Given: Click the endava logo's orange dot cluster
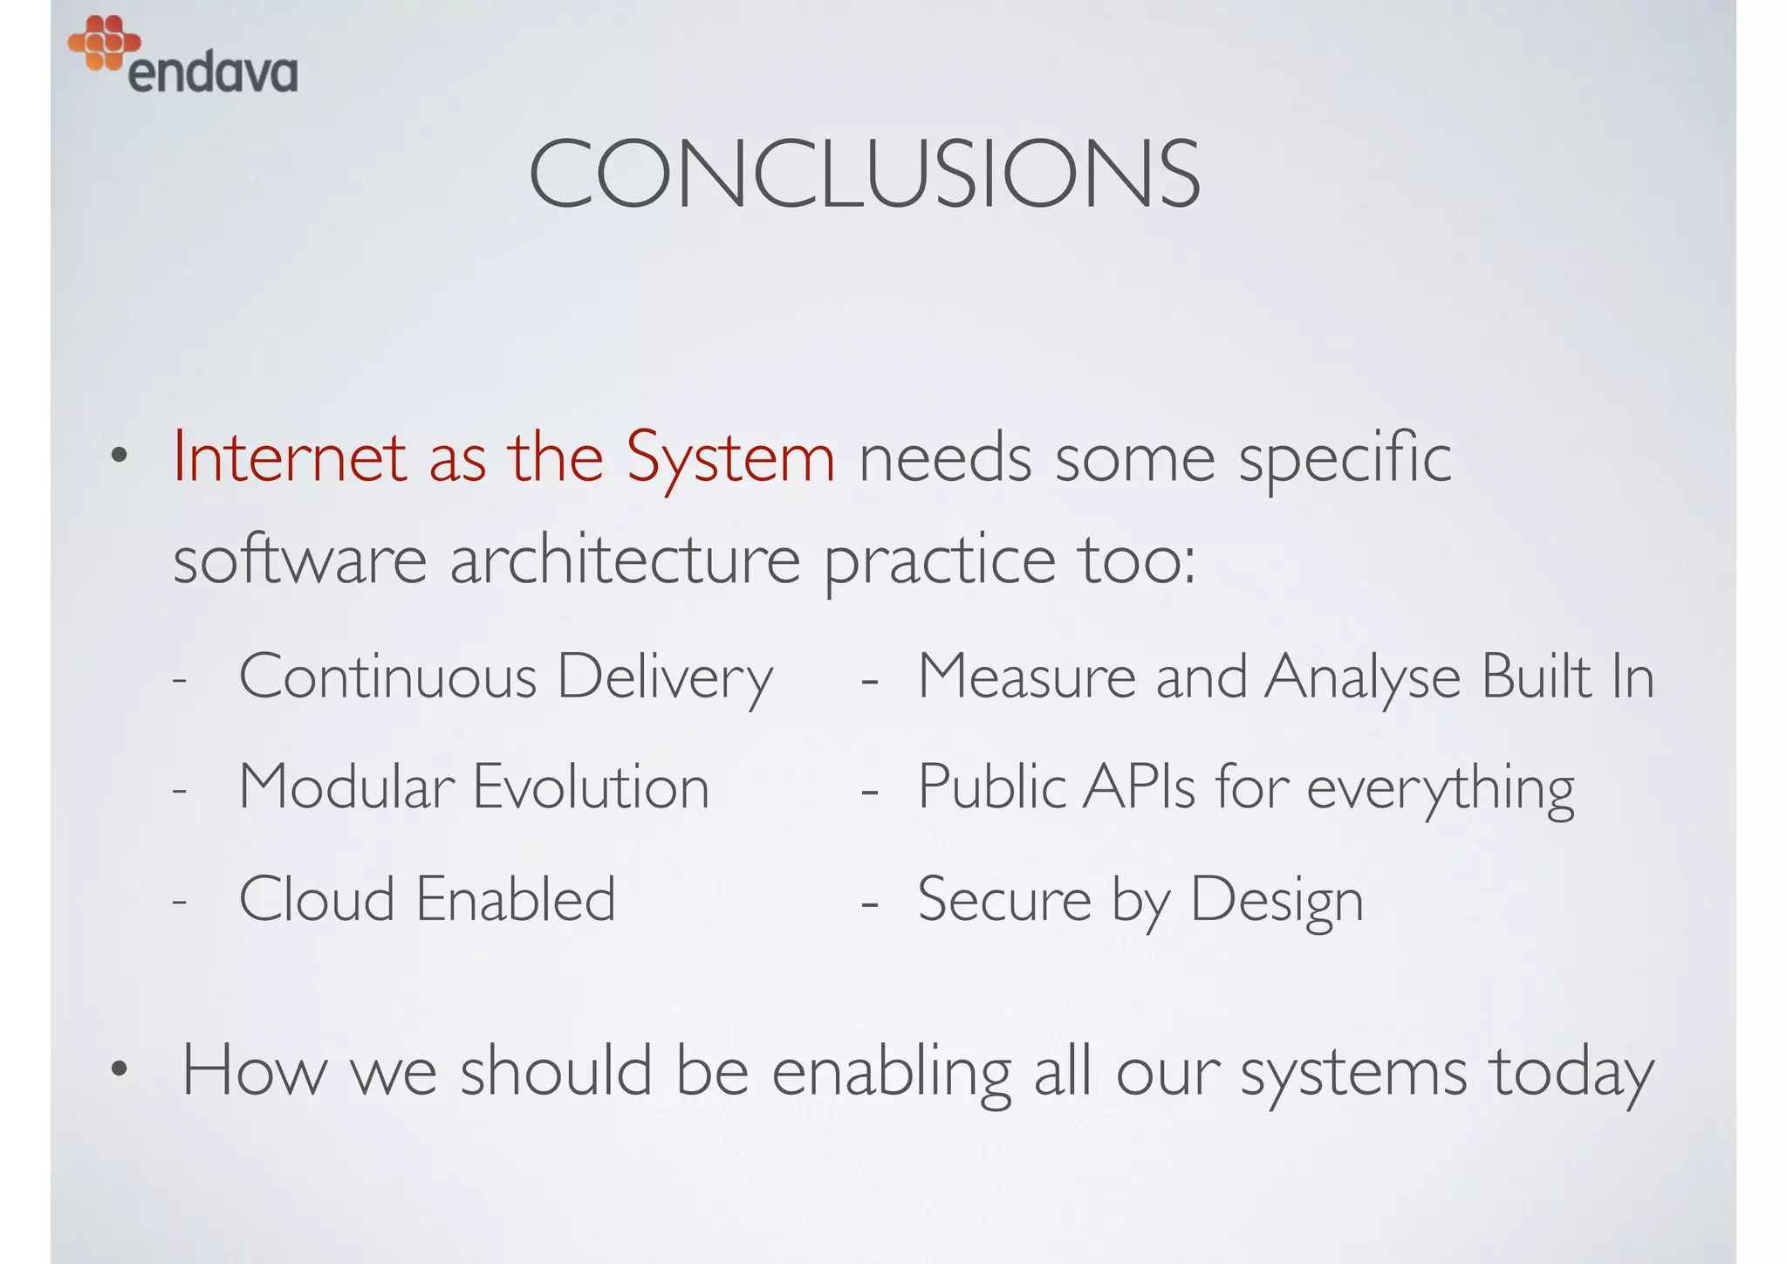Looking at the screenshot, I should (x=104, y=42).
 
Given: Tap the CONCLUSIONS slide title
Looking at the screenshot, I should (x=864, y=175).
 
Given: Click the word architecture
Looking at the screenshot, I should (x=625, y=560).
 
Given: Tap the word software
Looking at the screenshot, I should (x=299, y=560).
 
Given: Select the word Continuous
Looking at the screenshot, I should (x=387, y=677).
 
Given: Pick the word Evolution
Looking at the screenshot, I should (x=591, y=787).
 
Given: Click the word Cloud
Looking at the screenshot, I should (x=316, y=899).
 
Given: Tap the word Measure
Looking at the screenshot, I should (x=1027, y=677).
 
